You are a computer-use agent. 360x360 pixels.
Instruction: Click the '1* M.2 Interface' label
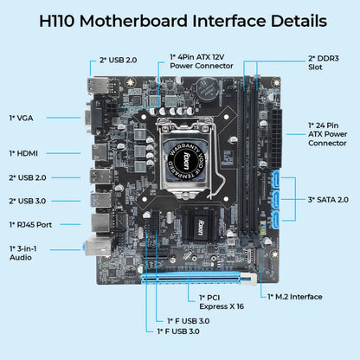click(297, 296)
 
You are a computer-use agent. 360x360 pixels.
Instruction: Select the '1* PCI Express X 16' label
click(208, 302)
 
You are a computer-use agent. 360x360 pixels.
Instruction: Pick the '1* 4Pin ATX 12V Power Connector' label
click(201, 61)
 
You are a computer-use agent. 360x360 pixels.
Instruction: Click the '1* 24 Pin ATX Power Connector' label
click(330, 134)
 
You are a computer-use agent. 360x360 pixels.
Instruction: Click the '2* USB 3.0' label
click(29, 200)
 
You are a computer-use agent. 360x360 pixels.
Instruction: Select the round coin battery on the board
click(205, 88)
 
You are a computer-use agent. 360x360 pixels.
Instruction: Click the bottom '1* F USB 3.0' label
click(178, 331)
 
